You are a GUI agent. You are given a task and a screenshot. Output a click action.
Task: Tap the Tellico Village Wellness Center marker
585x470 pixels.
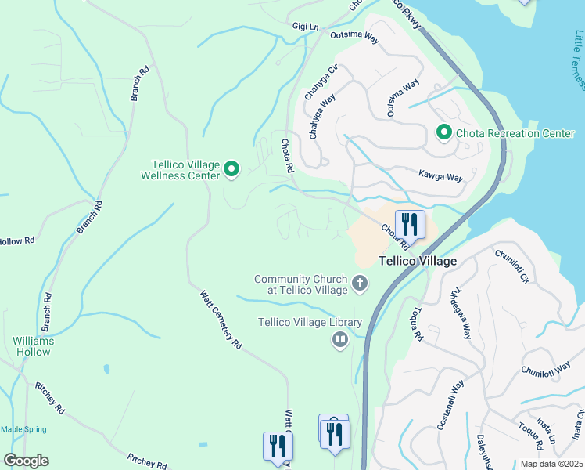point(231,168)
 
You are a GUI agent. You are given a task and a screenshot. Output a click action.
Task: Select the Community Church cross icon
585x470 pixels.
point(360,283)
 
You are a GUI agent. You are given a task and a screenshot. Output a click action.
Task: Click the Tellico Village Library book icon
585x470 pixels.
point(340,339)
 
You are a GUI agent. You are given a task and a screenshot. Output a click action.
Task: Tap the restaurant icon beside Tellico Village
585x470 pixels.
point(409,225)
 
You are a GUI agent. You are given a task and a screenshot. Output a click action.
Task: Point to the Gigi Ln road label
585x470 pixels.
point(305,27)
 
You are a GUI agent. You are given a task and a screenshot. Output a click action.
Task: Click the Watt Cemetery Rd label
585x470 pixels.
point(221,320)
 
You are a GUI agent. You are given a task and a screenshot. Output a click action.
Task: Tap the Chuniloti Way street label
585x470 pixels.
point(546,368)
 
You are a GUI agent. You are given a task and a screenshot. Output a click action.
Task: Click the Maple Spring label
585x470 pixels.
point(23,429)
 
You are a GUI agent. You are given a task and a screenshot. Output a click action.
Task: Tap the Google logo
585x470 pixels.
point(26,461)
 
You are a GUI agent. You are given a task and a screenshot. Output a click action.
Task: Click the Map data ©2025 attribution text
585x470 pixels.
point(551,464)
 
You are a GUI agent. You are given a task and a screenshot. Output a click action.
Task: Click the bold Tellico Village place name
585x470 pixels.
point(418,261)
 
